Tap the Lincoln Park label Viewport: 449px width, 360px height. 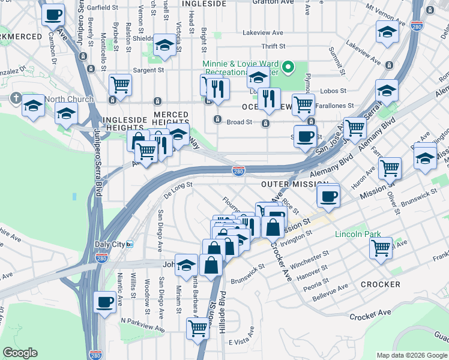358,233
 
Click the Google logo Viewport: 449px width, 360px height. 20,353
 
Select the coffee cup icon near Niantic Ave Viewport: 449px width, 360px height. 105,301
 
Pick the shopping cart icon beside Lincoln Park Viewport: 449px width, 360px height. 381,247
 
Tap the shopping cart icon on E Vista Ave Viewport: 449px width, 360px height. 197,328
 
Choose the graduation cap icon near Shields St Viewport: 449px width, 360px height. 163,45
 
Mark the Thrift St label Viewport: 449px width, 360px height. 274,46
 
